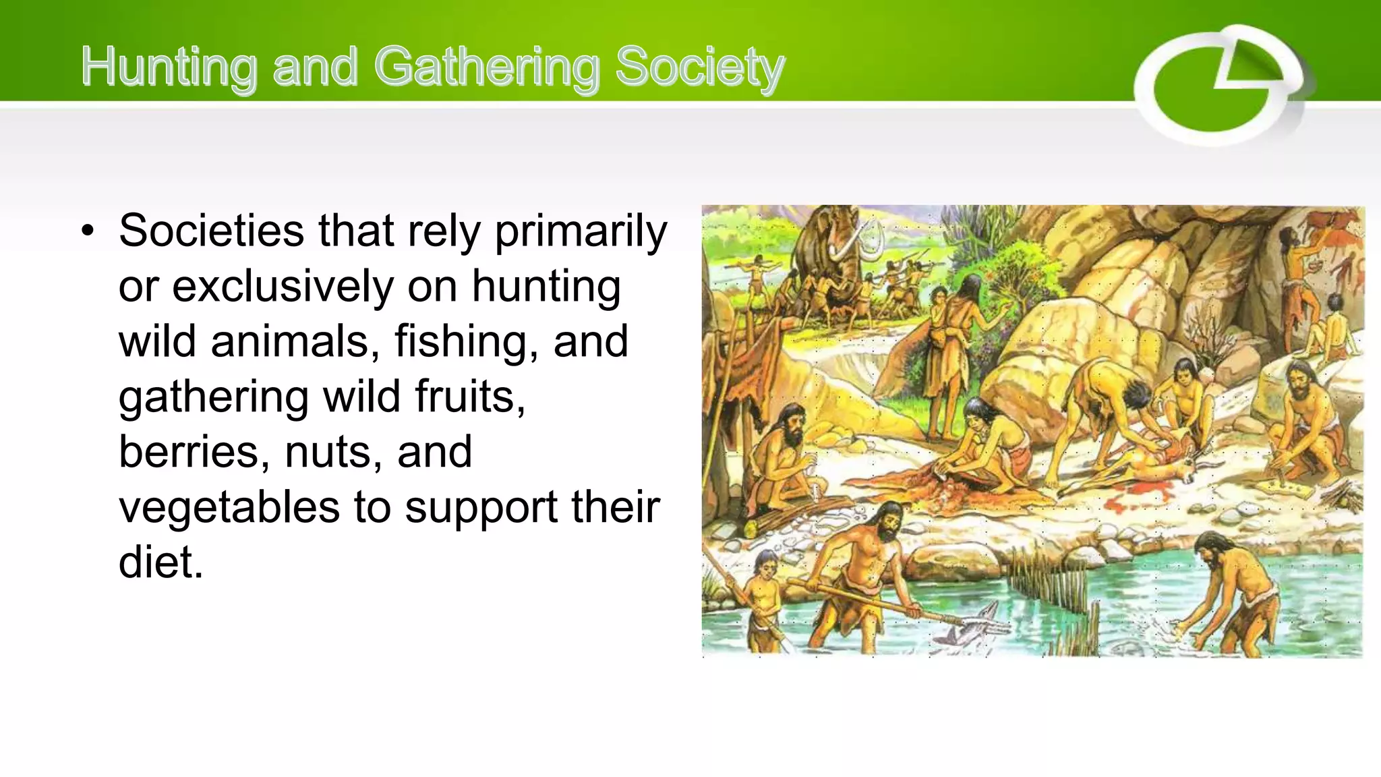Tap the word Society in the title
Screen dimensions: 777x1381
point(700,67)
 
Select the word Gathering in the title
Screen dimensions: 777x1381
point(486,67)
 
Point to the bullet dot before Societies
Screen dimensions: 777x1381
point(87,231)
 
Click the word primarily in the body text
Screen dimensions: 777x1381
point(581,231)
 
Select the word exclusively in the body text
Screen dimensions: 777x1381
point(283,287)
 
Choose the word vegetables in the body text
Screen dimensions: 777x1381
point(229,507)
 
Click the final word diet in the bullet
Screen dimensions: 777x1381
point(160,563)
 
